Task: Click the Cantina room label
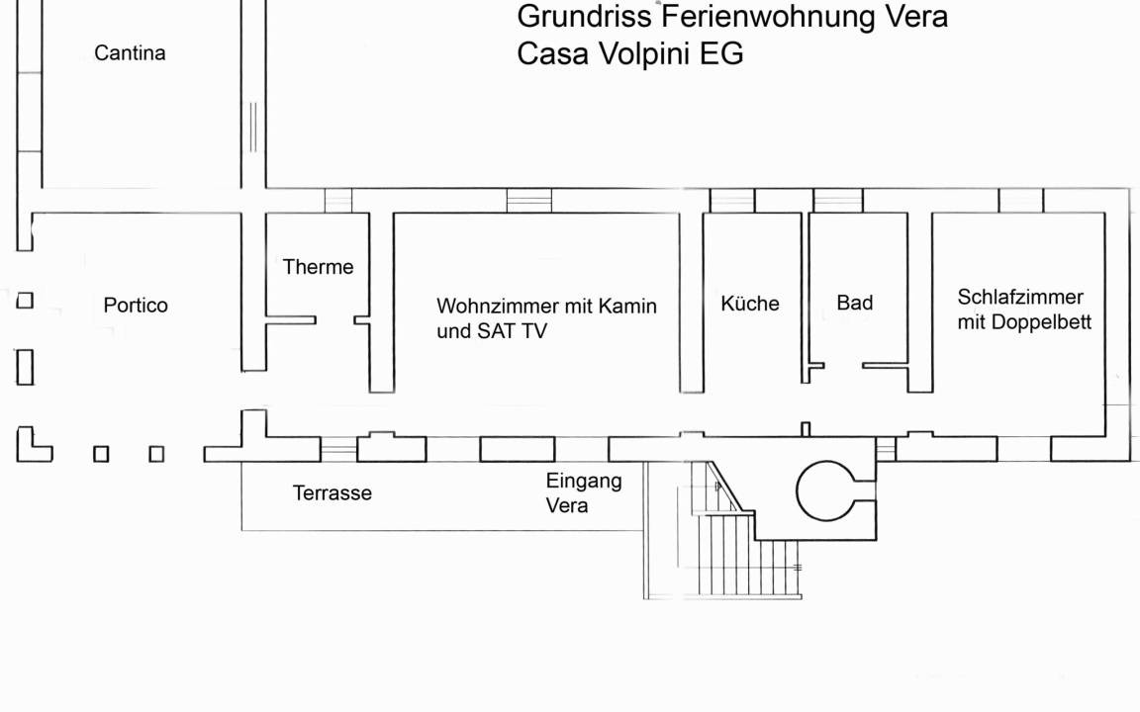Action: [130, 53]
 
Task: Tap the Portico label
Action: [136, 306]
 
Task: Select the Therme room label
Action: [318, 267]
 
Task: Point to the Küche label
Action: [750, 304]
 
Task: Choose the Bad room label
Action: [855, 304]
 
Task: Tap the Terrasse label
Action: [332, 493]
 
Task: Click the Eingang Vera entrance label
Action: [584, 493]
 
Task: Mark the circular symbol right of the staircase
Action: [825, 490]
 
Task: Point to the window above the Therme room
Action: [338, 201]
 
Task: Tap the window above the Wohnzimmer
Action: [529, 201]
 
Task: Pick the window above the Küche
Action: [732, 201]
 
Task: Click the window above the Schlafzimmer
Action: [1021, 201]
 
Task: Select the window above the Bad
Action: [838, 201]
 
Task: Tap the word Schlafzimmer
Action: [1020, 297]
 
